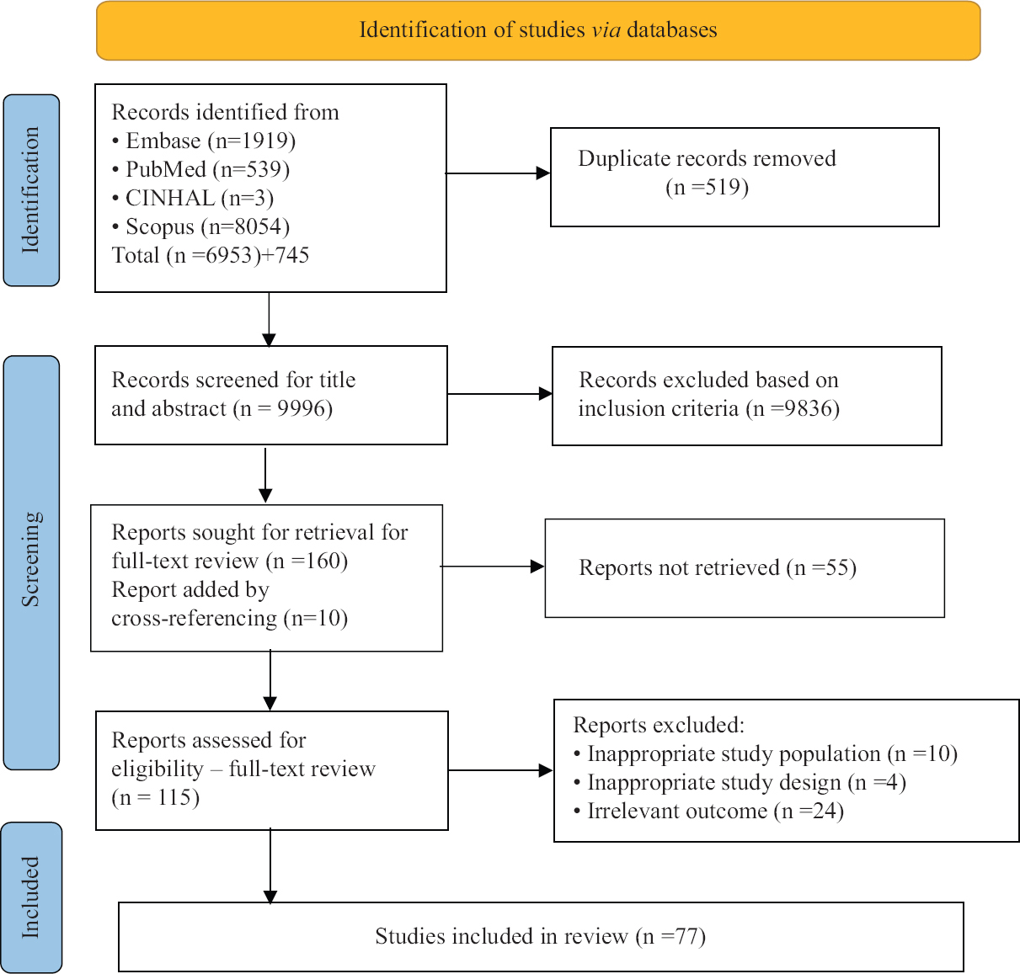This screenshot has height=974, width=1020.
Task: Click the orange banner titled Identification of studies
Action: (x=538, y=30)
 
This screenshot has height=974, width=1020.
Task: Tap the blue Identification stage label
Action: (x=31, y=190)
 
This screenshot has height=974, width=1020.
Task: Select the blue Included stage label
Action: (x=31, y=897)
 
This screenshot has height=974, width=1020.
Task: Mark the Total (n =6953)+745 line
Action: (x=211, y=255)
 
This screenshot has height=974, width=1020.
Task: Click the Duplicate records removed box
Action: (x=745, y=177)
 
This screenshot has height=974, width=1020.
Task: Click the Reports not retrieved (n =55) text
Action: (x=718, y=567)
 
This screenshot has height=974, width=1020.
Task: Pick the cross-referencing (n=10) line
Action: (x=229, y=618)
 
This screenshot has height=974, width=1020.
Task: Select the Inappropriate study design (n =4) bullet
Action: (x=745, y=782)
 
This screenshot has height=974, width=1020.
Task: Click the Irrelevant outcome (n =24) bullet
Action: (x=714, y=811)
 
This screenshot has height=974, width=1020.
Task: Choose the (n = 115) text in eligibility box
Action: (x=156, y=797)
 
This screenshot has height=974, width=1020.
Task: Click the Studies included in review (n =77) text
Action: (x=540, y=936)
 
